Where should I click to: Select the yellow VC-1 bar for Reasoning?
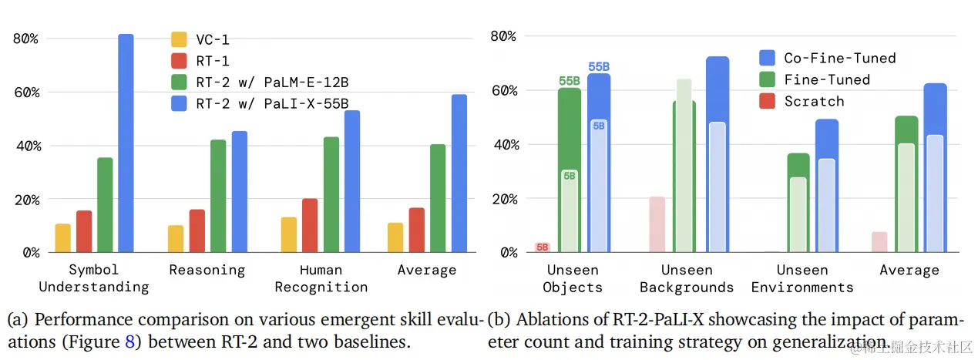pyautogui.click(x=176, y=239)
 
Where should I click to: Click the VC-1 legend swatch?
pyautogui.click(x=179, y=39)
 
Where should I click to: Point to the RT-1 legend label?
pyautogui.click(x=213, y=60)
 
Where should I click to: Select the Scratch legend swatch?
pyautogui.click(x=768, y=101)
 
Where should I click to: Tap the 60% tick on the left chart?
pyautogui.click(x=25, y=93)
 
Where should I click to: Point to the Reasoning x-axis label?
pyautogui.click(x=207, y=270)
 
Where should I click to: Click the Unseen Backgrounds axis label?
pyautogui.click(x=687, y=278)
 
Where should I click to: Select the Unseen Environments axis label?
pyautogui.click(x=802, y=278)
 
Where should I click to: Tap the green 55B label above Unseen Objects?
pyautogui.click(x=570, y=80)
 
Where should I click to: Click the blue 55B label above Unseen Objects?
pyautogui.click(x=599, y=67)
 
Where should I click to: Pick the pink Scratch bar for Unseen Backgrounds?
pyautogui.click(x=657, y=224)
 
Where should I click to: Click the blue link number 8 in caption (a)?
pyautogui.click(x=129, y=341)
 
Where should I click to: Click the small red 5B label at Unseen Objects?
pyautogui.click(x=543, y=247)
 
